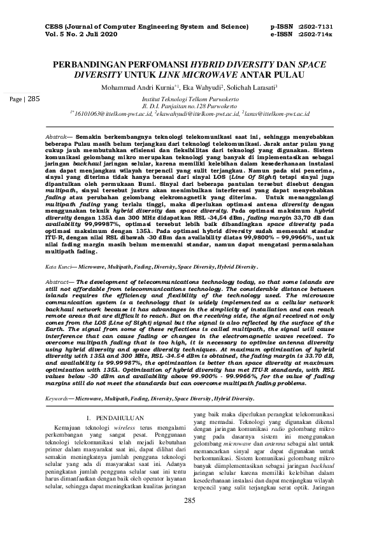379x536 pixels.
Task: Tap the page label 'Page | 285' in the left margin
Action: [24, 99]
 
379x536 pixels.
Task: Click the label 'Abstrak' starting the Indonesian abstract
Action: [61, 137]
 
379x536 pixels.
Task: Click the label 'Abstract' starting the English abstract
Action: [62, 281]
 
